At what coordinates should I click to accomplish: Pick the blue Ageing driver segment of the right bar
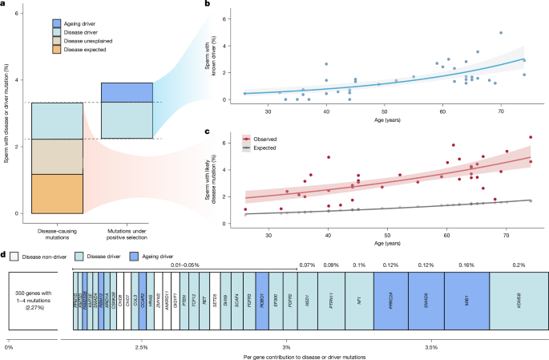127,92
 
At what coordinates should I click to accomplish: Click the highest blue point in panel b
501,33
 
